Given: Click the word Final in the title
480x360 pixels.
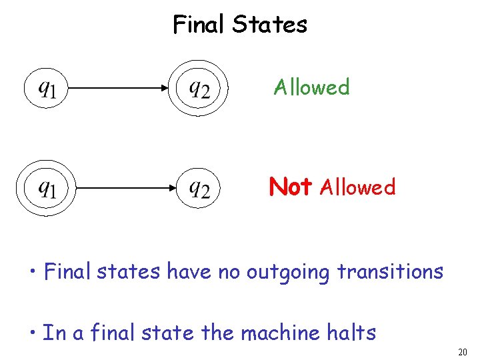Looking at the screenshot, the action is tap(199, 25).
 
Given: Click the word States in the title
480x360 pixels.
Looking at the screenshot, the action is tap(270, 25).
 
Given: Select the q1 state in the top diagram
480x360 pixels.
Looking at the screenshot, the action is tap(46, 88).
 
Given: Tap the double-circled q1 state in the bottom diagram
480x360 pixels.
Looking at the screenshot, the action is tap(46, 188).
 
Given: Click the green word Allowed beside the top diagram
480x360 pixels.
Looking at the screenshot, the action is tap(312, 87).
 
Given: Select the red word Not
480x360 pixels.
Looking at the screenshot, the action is tap(291, 187).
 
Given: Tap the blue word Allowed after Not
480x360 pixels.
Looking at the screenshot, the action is tap(358, 187).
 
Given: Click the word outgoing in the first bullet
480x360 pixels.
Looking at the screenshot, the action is tap(287, 272).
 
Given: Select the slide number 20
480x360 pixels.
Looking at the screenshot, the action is tap(463, 351).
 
